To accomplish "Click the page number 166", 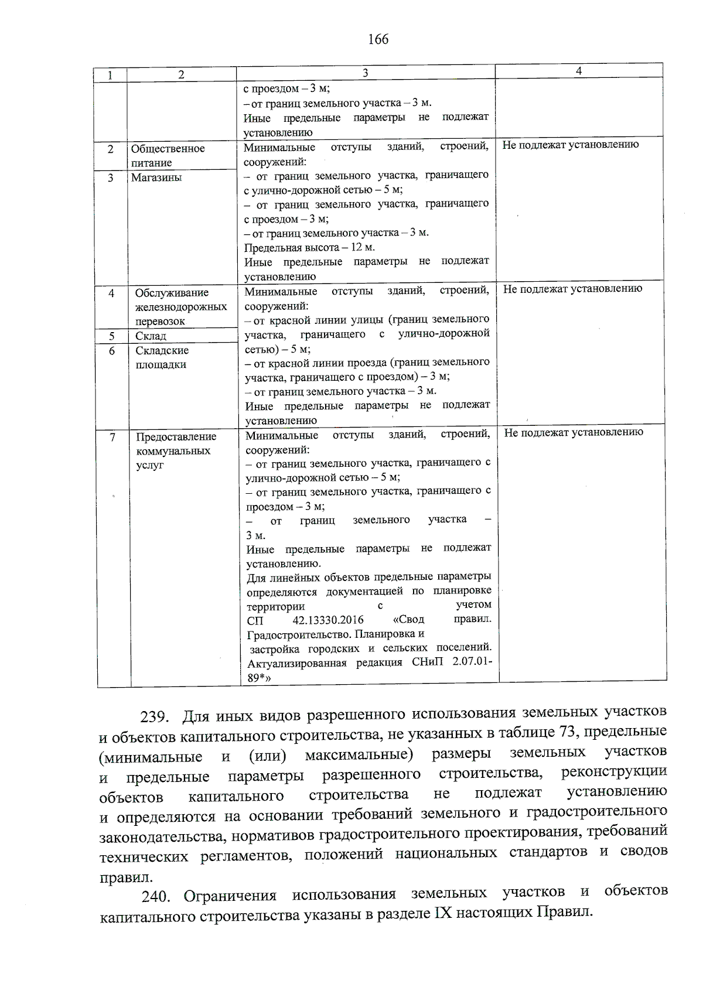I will (378, 39).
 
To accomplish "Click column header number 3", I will (365, 73).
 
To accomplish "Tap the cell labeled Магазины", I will (156, 177).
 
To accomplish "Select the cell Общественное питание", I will (168, 155).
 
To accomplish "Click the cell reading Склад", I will (151, 336).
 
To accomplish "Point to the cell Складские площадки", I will (162, 357).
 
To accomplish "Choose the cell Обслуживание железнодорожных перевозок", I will (180, 307).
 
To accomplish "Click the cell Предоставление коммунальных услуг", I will (176, 450).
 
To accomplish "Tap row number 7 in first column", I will (112, 437).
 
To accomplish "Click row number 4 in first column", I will (111, 293).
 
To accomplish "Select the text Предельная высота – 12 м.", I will (309, 247).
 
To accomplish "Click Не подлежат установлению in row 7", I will (574, 432).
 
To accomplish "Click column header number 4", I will (579, 71).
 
